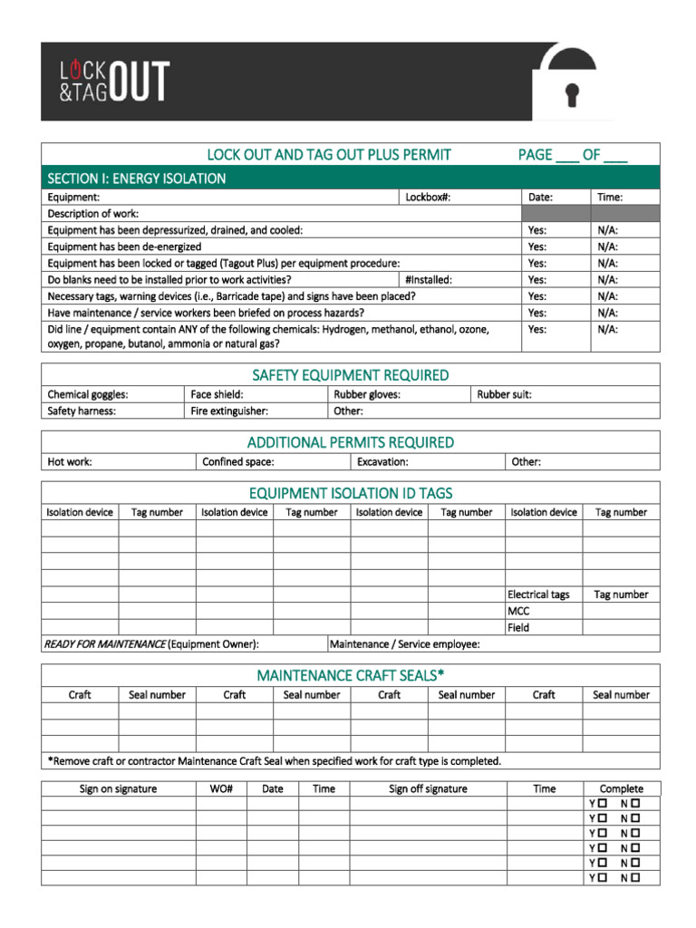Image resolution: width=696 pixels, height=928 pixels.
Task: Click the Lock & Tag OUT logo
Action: click(114, 81)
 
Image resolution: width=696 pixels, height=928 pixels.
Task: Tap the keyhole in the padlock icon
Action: click(572, 94)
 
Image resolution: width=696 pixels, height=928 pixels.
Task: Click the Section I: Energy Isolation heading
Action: click(137, 179)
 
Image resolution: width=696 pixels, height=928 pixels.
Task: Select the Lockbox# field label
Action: click(428, 197)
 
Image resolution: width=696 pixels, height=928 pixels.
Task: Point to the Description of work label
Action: click(92, 213)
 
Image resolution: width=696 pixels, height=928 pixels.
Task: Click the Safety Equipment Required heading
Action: click(350, 375)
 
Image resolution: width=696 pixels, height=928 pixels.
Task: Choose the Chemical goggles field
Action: click(88, 394)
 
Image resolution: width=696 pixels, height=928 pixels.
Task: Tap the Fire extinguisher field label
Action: click(229, 411)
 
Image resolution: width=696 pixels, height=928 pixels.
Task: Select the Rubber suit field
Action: click(505, 394)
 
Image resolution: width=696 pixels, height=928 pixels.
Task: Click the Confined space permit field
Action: click(238, 461)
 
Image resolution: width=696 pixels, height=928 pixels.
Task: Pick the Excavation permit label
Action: click(382, 461)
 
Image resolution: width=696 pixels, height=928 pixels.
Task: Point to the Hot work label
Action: click(70, 461)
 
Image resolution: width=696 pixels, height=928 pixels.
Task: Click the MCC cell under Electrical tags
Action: click(519, 611)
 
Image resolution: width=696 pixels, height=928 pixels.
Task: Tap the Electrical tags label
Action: click(538, 594)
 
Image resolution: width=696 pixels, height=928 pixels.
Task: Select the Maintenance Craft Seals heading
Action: click(350, 676)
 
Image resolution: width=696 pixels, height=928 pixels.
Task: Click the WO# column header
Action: click(221, 788)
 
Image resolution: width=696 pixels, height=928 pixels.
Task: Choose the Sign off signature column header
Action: click(428, 788)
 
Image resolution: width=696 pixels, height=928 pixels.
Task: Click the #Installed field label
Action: click(429, 280)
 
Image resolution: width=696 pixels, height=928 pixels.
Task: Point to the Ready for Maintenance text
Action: click(104, 644)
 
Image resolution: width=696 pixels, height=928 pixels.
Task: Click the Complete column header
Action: click(621, 788)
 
